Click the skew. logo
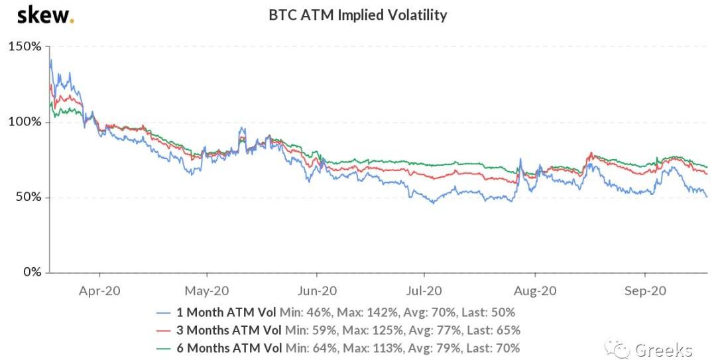pos(45,15)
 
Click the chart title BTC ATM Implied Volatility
pos(357,15)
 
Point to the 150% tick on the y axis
pos(25,47)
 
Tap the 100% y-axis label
pos(25,123)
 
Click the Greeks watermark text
pos(664,349)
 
